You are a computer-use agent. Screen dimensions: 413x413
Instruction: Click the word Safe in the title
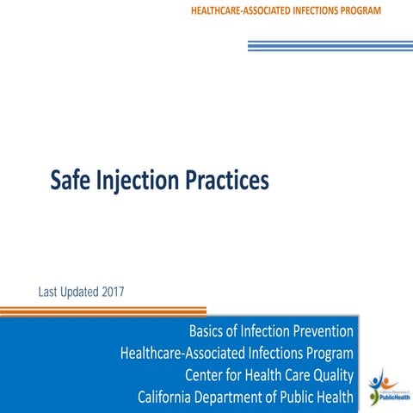click(71, 180)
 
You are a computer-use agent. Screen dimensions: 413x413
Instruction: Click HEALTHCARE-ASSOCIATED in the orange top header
click(247, 9)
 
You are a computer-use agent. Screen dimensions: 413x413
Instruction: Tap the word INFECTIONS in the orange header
click(329, 9)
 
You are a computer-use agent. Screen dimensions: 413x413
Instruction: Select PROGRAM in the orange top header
click(381, 9)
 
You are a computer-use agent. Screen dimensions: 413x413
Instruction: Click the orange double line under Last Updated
click(103, 310)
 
